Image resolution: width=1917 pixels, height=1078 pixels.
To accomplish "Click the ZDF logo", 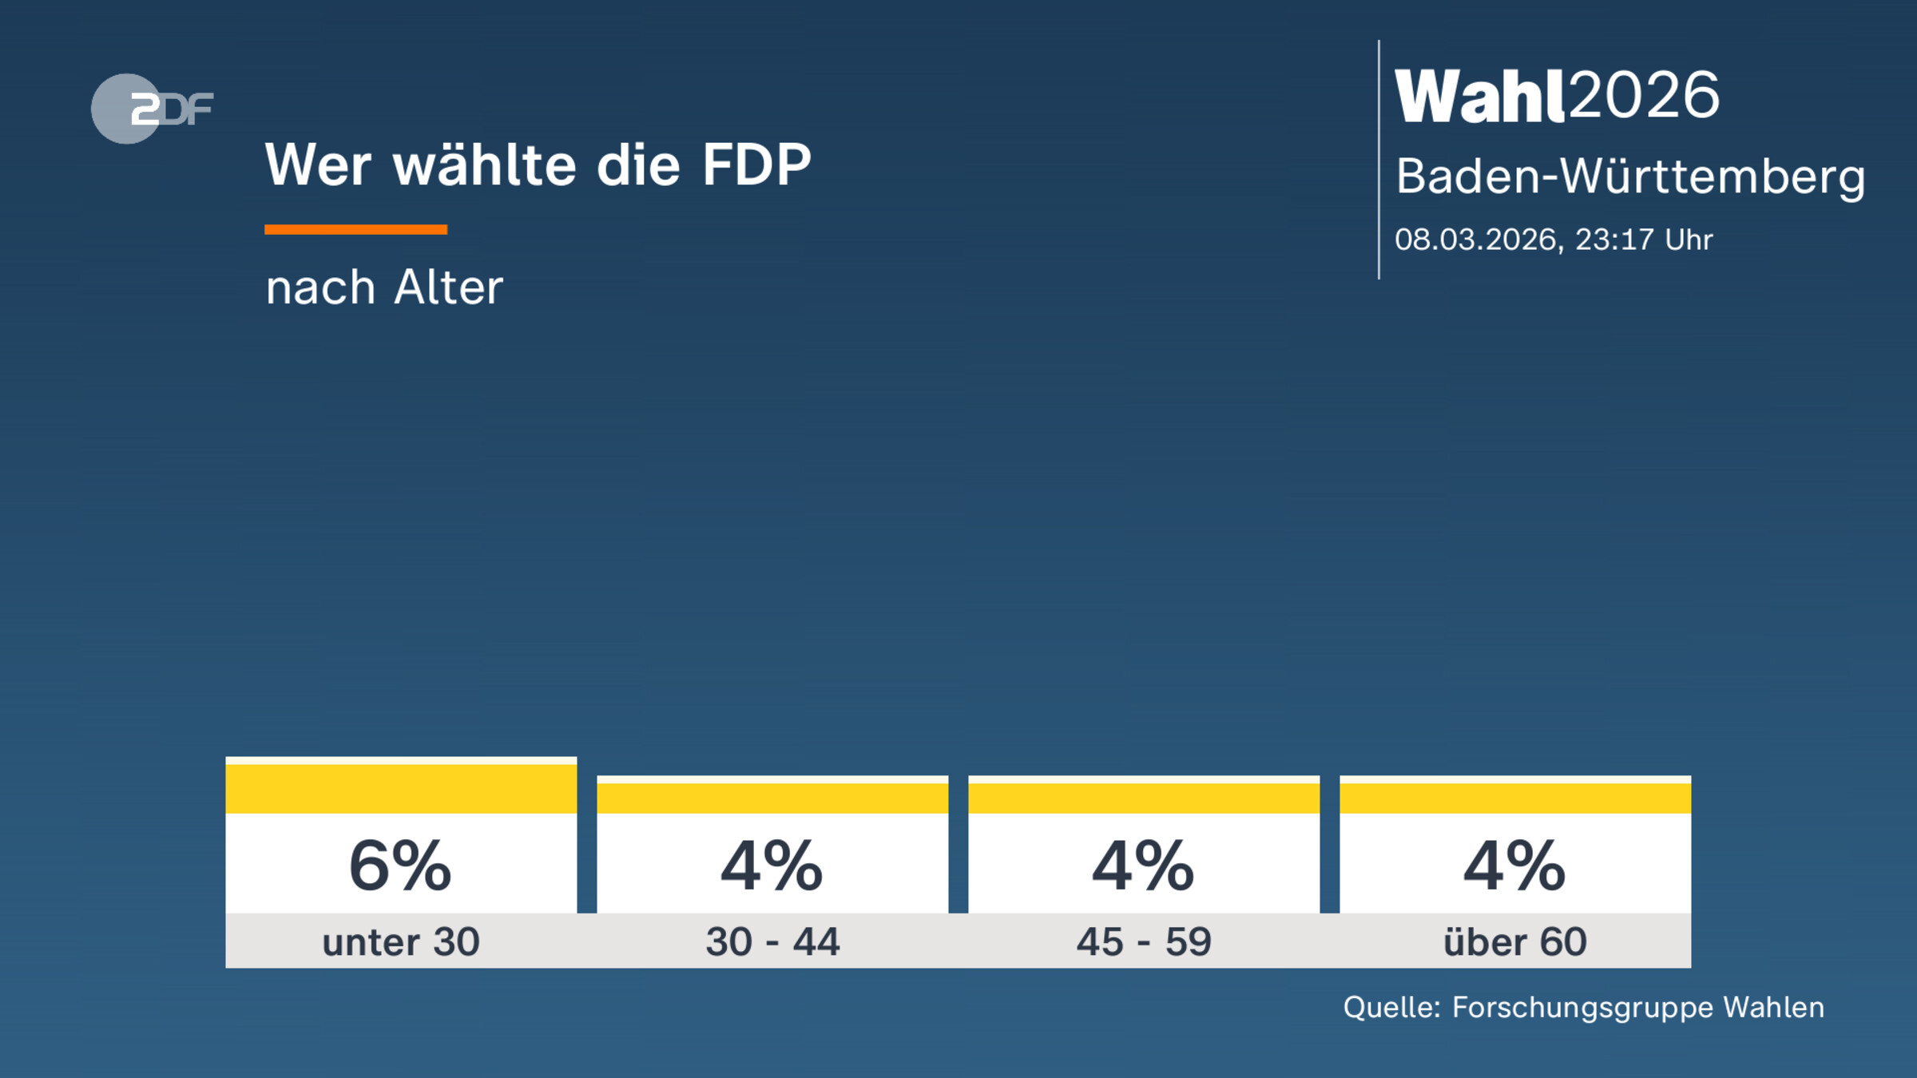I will [x=152, y=109].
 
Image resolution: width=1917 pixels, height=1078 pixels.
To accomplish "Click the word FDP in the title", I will [x=756, y=165].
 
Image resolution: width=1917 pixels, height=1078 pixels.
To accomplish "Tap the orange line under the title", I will [x=355, y=230].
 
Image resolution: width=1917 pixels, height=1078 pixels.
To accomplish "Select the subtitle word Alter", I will [x=448, y=287].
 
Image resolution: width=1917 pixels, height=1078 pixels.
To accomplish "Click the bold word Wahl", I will [x=1479, y=97].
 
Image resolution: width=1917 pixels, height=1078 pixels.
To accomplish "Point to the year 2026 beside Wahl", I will [x=1644, y=95].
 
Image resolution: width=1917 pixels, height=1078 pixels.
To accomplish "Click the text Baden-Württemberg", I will [x=1629, y=176].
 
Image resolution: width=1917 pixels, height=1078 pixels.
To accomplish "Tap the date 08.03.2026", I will [x=1477, y=240].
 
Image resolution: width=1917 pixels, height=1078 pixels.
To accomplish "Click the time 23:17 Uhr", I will [x=1644, y=240].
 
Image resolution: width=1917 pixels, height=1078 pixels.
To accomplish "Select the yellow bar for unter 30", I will [x=401, y=788].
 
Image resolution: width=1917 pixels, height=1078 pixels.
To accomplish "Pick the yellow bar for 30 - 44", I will [x=772, y=798].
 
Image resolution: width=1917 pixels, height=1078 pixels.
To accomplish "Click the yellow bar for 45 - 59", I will [x=1144, y=798].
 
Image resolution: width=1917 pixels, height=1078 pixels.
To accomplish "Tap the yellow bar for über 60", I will [x=1515, y=798].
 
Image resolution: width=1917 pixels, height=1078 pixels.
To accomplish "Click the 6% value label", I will [x=400, y=866].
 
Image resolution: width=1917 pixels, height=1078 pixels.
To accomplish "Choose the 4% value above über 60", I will [x=1514, y=866].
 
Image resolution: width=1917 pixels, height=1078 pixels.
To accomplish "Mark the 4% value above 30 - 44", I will [x=772, y=866].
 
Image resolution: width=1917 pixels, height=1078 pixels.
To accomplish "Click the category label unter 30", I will [x=401, y=942].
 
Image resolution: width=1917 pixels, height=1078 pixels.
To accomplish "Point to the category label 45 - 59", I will [x=1144, y=942].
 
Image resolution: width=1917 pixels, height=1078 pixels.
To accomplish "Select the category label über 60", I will [x=1515, y=942].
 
